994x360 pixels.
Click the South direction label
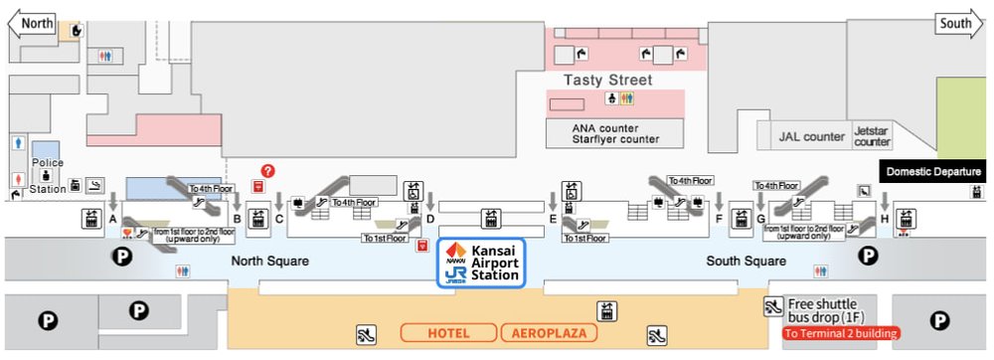pos(955,23)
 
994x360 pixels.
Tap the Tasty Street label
pos(608,80)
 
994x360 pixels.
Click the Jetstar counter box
pos(872,136)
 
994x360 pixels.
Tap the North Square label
pos(269,262)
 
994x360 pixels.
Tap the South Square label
pos(746,262)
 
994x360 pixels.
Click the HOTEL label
pos(448,332)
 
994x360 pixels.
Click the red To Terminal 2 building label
pos(841,333)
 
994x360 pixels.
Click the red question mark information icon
pos(267,171)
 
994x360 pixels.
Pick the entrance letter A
pos(113,219)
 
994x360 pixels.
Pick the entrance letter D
pos(429,219)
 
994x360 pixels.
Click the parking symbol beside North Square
pos(122,256)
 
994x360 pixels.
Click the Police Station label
pos(48,175)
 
